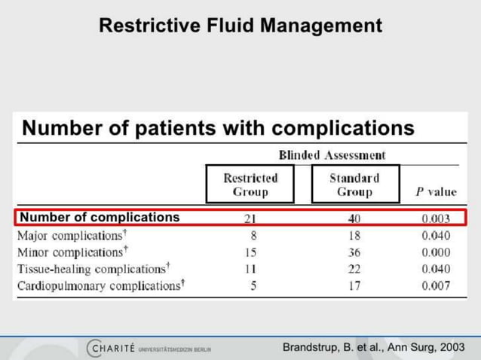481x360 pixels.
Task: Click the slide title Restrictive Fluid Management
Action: pos(240,26)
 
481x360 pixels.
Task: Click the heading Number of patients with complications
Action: pos(218,128)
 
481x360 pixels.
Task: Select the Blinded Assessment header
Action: pos(332,155)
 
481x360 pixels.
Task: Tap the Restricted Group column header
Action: pos(250,185)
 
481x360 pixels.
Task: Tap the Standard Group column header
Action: pos(354,185)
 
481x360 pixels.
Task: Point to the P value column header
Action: pos(436,191)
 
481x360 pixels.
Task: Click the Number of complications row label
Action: pos(100,218)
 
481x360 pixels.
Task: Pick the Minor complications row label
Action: pos(72,251)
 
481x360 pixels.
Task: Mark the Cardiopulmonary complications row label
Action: pos(100,285)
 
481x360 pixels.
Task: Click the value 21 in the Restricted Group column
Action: pos(250,218)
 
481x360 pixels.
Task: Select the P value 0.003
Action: pos(436,218)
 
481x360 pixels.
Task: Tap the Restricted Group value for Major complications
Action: pos(253,235)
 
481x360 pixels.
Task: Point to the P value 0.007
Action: pos(436,285)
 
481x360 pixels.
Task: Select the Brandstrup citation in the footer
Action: pos(373,347)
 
